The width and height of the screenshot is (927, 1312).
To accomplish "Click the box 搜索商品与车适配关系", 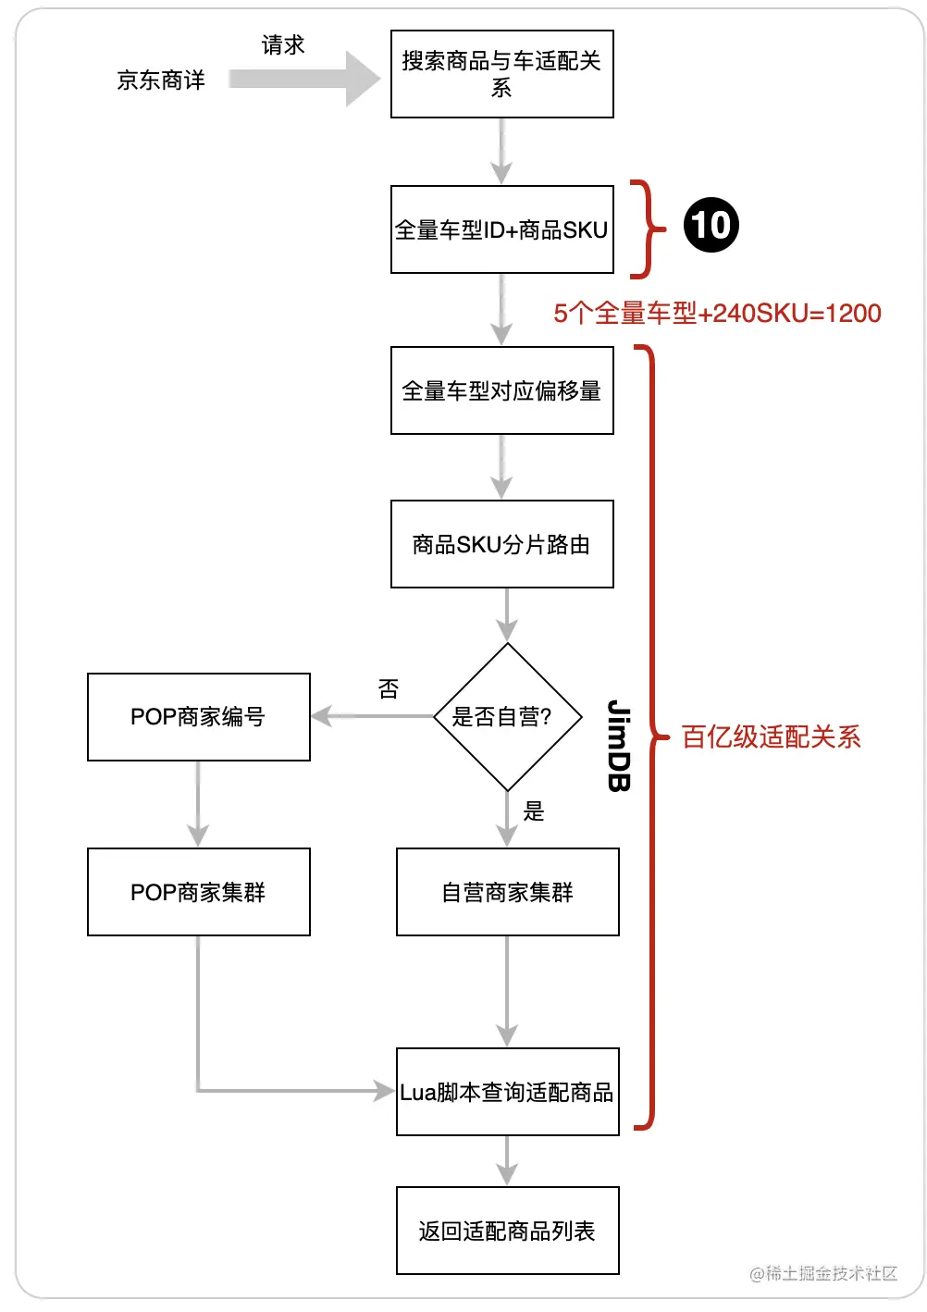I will pyautogui.click(x=501, y=74).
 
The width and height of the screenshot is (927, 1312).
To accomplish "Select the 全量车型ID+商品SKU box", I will pyautogui.click(x=501, y=229).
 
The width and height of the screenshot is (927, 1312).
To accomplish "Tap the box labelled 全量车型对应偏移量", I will pyautogui.click(x=501, y=390).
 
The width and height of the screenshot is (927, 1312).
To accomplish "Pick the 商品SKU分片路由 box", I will pyautogui.click(x=501, y=544).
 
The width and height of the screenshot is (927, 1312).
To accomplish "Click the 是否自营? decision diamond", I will pyautogui.click(x=507, y=716).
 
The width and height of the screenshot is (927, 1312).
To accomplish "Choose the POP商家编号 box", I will pyautogui.click(x=198, y=717).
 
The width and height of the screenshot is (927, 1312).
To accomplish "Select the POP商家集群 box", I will pyautogui.click(x=198, y=892).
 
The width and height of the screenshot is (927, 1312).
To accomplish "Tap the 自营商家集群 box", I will pyautogui.click(x=507, y=892).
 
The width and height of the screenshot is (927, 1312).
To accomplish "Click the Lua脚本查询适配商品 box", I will pyautogui.click(x=507, y=1092).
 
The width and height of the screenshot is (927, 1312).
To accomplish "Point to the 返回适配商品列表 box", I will pyautogui.click(x=507, y=1231).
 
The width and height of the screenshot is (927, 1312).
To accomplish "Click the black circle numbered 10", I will pyautogui.click(x=711, y=225).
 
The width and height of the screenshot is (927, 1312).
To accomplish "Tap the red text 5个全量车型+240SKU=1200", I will pyautogui.click(x=717, y=314).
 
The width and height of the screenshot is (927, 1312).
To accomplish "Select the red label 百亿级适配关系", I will pyautogui.click(x=771, y=736).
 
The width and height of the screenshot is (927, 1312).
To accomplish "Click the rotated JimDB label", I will pyautogui.click(x=619, y=746).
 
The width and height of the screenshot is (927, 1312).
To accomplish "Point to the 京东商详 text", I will pyautogui.click(x=161, y=80).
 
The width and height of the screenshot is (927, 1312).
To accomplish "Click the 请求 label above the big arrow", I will pyautogui.click(x=283, y=45).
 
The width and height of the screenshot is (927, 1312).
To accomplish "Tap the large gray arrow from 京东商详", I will pyautogui.click(x=304, y=80).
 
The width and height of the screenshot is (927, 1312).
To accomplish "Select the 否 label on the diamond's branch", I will pyautogui.click(x=389, y=689).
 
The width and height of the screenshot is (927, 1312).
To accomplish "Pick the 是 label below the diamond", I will pyautogui.click(x=534, y=811).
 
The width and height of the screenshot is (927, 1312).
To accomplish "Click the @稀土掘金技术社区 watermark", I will pyautogui.click(x=822, y=1273).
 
